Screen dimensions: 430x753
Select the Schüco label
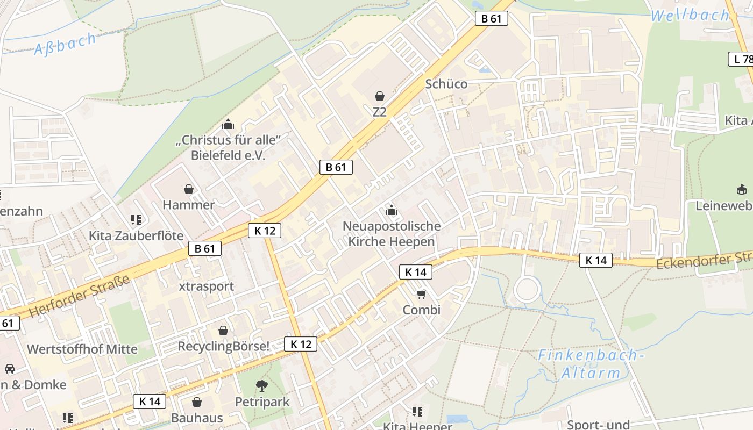tap(446, 84)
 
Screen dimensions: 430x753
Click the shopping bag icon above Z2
tap(380, 96)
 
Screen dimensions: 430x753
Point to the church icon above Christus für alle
tap(229, 125)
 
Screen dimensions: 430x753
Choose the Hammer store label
tap(188, 205)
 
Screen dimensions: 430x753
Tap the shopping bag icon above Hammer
tap(189, 189)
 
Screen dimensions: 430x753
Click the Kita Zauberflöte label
tap(136, 236)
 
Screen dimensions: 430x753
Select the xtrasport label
tap(207, 286)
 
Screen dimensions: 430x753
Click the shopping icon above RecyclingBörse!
tap(223, 331)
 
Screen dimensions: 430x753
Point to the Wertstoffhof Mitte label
tap(82, 349)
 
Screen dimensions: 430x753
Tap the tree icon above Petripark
tap(262, 385)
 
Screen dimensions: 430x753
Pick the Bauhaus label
tap(197, 418)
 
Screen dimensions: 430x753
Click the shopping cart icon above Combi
tap(421, 294)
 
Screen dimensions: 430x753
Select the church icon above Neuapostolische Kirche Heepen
tap(391, 210)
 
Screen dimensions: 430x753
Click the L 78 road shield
tap(741, 59)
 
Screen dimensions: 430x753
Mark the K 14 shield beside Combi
tap(416, 272)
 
